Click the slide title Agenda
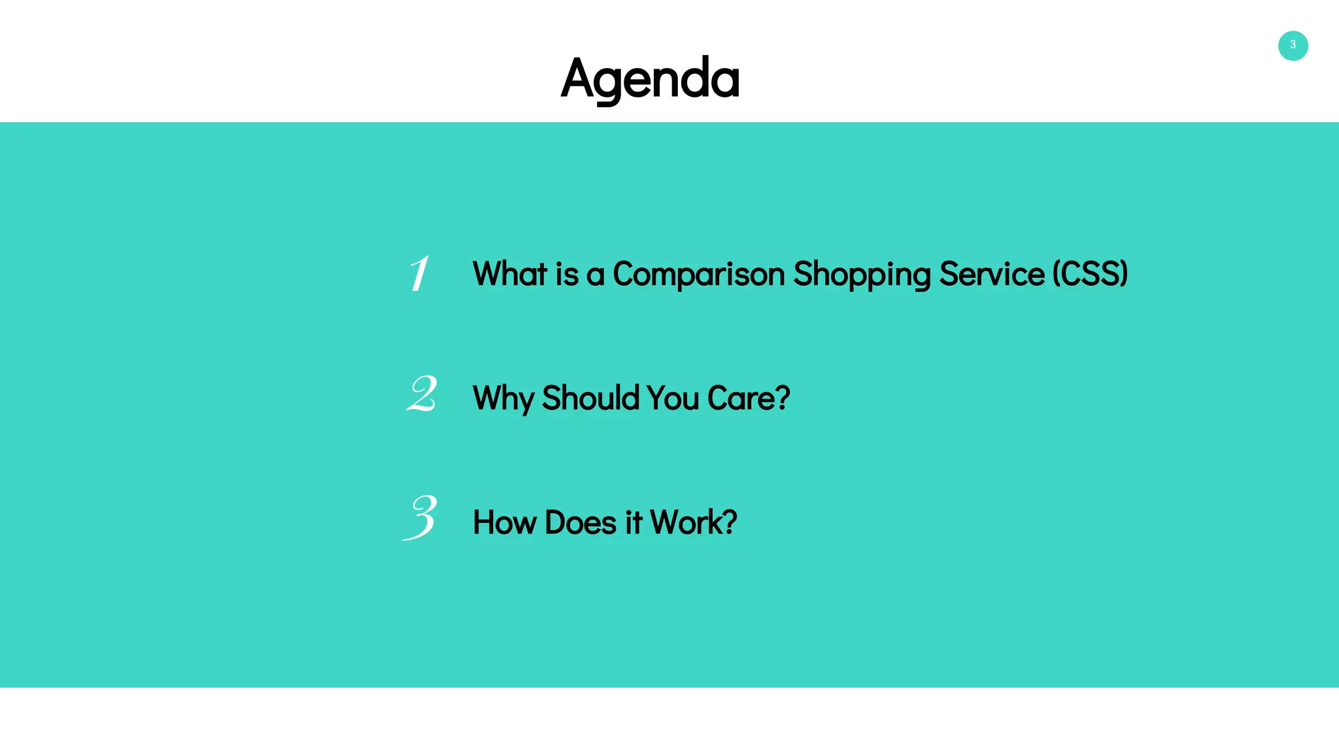[x=650, y=78]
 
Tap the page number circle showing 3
[x=1293, y=46]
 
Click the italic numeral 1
[x=419, y=273]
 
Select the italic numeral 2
[x=422, y=394]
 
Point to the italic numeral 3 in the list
[x=420, y=518]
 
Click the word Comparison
[x=698, y=274]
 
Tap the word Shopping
[x=862, y=274]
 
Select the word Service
[x=991, y=274]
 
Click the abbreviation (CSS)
[x=1090, y=274]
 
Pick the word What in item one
[x=510, y=274]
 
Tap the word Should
[x=590, y=398]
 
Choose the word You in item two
[x=673, y=398]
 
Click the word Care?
[x=749, y=398]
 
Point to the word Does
[x=581, y=522]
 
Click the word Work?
[x=693, y=522]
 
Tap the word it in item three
[x=633, y=522]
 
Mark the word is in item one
[x=567, y=274]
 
